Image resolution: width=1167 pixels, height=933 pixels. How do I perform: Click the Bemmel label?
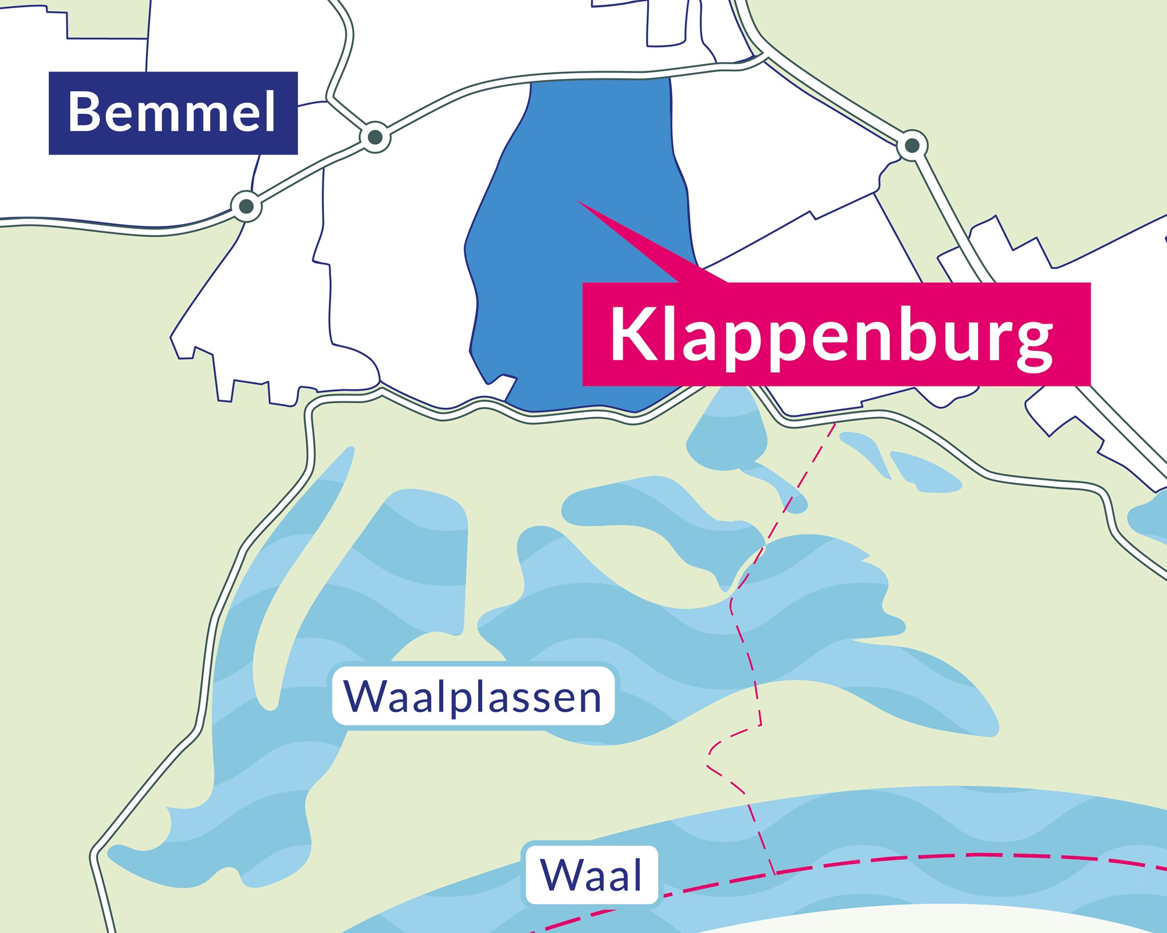pos(173,113)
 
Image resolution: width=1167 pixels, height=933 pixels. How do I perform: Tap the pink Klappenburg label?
pos(836,335)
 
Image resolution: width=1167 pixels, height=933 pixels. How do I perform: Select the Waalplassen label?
pos(473,696)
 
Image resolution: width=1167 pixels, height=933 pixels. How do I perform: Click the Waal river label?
pos(591,875)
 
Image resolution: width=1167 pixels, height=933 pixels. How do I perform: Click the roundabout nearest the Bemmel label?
pos(375,137)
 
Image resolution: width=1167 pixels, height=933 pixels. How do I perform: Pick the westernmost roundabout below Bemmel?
pos(246,206)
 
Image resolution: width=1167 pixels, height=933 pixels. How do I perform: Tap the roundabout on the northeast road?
pos(912,145)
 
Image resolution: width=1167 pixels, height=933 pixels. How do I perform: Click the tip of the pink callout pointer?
pos(579,202)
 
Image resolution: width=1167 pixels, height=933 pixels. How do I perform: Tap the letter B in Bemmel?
pos(84,112)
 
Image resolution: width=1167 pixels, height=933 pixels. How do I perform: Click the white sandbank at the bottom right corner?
pos(988,921)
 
